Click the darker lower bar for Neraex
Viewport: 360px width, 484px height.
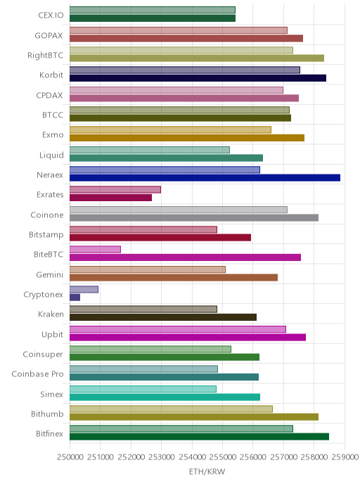[205, 178]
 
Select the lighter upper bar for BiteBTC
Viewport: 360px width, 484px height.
[95, 250]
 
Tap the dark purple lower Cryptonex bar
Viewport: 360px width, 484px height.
[75, 298]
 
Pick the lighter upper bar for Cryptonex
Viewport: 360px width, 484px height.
[84, 289]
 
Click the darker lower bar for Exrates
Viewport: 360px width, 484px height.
[111, 198]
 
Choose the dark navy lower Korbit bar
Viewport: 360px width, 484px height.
[198, 78]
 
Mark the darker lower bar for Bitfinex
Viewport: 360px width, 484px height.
[199, 437]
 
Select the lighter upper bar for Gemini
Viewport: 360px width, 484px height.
[148, 269]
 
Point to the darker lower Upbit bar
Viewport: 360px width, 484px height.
[188, 337]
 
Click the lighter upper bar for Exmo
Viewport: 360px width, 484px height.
[170, 129]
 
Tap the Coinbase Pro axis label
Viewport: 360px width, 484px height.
[37, 374]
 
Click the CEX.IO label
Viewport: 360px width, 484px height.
[51, 15]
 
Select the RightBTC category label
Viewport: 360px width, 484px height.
[45, 56]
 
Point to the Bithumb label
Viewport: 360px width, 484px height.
[47, 414]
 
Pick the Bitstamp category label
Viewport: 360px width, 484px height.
[46, 234]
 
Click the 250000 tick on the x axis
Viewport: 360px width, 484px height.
[70, 457]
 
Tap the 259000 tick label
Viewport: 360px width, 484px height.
[345, 457]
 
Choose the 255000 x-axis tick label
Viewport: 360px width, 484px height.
[222, 457]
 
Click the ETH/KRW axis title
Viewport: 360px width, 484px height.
[207, 471]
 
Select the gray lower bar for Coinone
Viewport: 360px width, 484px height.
[194, 217]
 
